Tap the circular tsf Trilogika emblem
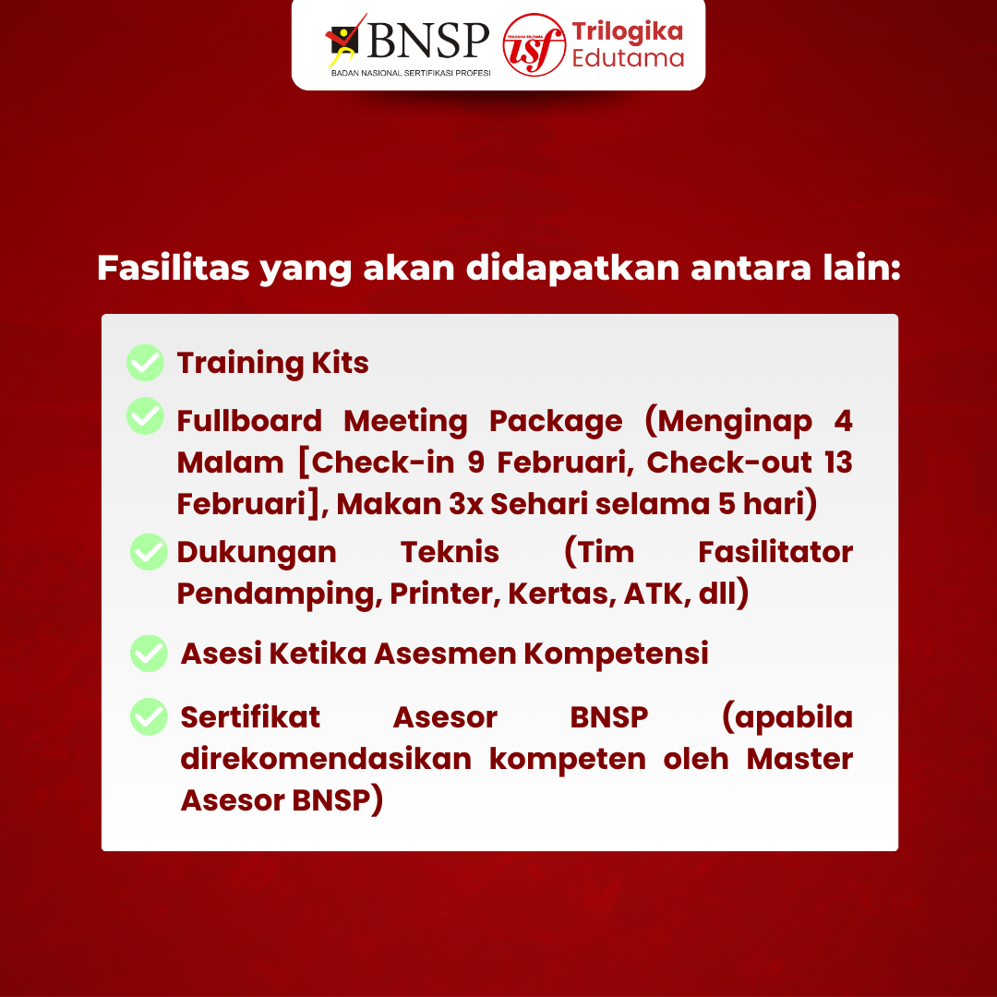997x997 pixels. (x=534, y=44)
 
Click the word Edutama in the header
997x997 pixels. (x=628, y=58)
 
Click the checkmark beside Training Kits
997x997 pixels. (x=145, y=363)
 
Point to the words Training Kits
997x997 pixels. (x=272, y=363)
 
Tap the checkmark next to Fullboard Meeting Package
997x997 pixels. (x=145, y=415)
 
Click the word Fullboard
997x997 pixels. (x=249, y=421)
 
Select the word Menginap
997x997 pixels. (x=728, y=421)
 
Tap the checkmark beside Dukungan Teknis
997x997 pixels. (x=149, y=552)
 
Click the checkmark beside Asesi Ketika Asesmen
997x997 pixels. (x=149, y=653)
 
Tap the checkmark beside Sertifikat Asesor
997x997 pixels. (x=149, y=716)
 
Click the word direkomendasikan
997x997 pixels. (x=326, y=759)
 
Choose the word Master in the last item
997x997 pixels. (x=799, y=759)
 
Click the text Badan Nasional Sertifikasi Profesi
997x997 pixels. (x=411, y=72)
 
